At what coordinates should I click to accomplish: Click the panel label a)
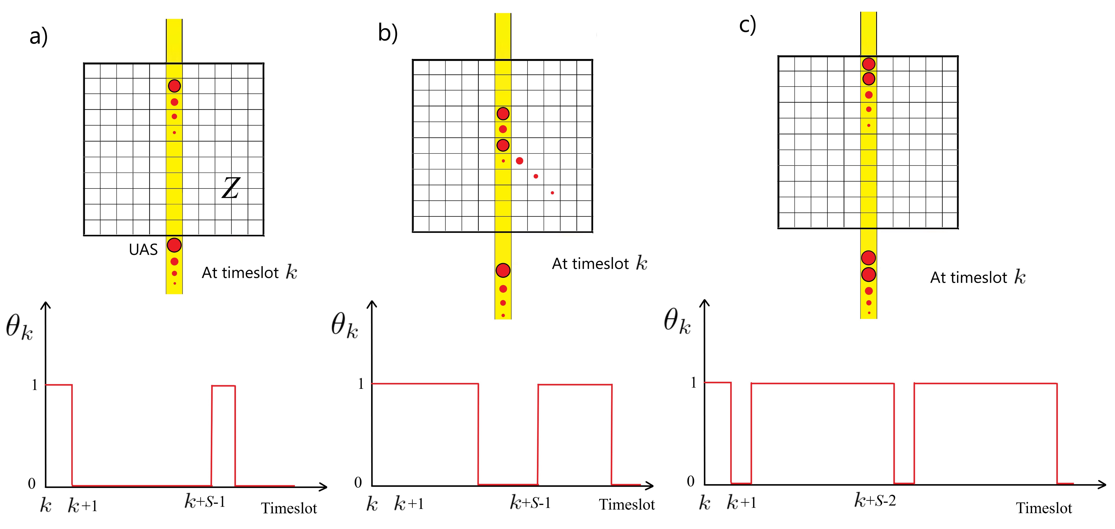point(38,36)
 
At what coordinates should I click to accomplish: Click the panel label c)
point(747,25)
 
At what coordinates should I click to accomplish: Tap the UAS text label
point(143,250)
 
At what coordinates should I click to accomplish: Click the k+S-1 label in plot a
point(205,502)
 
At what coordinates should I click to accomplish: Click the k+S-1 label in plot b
point(530,503)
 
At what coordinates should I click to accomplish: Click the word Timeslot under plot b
point(627,505)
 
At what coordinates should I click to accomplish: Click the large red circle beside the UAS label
point(174,245)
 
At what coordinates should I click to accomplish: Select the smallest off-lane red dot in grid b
point(552,193)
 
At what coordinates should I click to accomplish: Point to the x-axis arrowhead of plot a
point(322,487)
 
